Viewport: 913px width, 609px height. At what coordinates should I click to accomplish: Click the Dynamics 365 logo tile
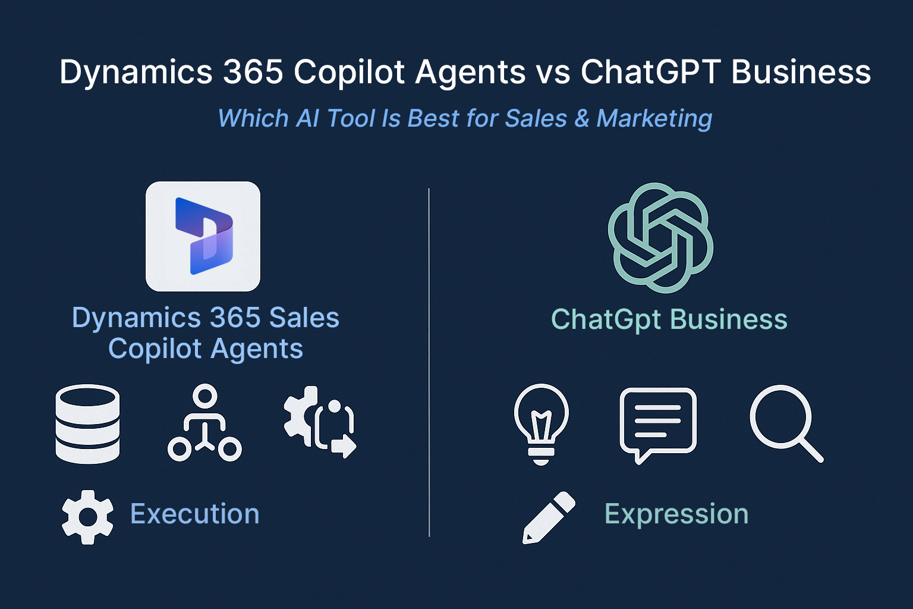click(203, 237)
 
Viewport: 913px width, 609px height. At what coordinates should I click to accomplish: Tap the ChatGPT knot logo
click(660, 237)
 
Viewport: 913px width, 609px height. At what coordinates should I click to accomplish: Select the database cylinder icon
click(87, 423)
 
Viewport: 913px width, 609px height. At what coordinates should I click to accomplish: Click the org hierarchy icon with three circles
click(204, 423)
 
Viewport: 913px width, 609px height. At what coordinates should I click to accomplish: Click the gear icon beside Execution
click(87, 517)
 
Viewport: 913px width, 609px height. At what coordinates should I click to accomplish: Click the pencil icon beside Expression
click(548, 517)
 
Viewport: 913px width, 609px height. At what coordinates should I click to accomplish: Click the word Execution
click(195, 514)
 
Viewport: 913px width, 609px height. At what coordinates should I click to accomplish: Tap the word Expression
click(676, 514)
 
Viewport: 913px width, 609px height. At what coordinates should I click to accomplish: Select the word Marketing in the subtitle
click(654, 118)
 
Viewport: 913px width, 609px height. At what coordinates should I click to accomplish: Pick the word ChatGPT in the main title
click(650, 72)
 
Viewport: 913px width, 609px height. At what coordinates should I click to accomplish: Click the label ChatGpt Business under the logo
click(669, 319)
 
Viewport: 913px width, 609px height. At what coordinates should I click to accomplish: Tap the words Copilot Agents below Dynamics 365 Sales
click(206, 349)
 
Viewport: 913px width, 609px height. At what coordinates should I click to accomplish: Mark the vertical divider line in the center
click(429, 363)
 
